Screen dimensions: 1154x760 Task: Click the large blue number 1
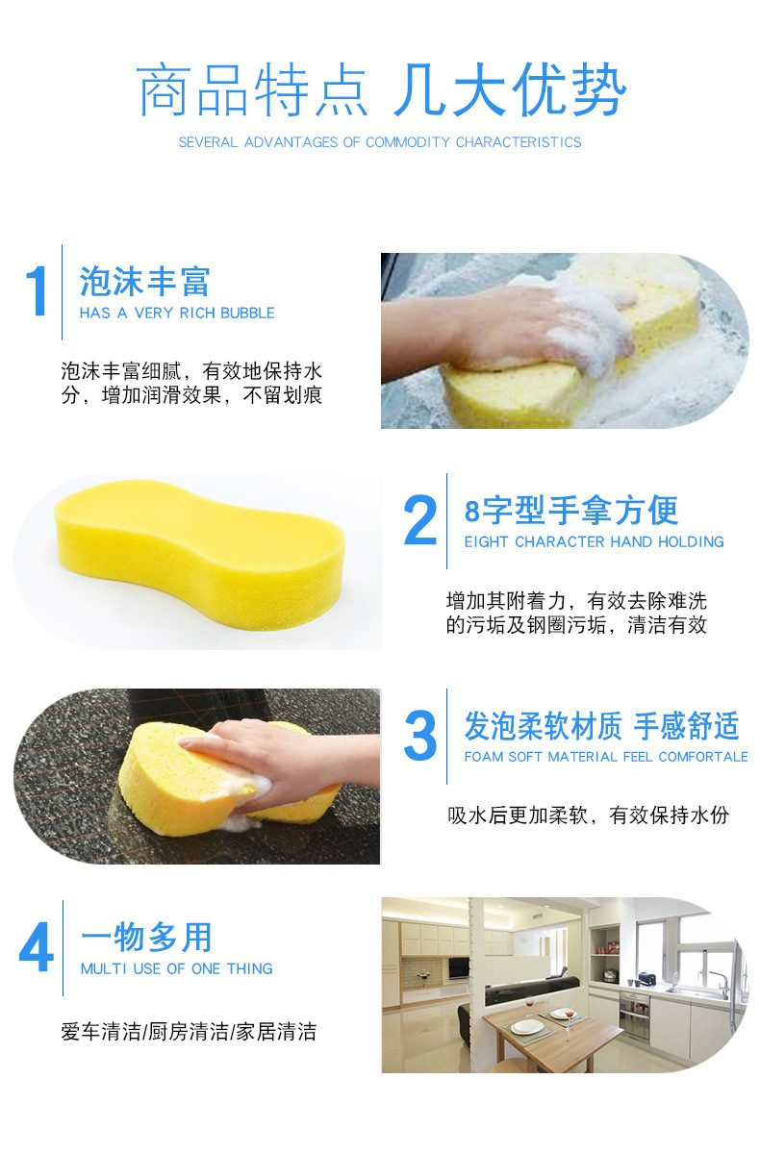coord(37,291)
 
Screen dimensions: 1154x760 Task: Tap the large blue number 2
coord(420,520)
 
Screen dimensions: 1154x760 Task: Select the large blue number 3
coord(420,736)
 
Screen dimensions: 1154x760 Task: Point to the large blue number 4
coord(37,948)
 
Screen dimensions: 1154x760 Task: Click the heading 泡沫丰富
coord(145,282)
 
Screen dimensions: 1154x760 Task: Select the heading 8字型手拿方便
coord(571,510)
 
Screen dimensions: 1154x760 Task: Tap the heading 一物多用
coord(146,937)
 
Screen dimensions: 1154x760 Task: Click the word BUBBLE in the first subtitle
coord(247,314)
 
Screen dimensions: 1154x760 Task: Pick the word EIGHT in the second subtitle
coord(487,542)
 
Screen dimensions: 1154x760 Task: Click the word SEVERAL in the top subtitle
coord(207,142)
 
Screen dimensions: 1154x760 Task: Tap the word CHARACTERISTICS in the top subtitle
coord(519,142)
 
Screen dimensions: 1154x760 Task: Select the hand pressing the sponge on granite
coord(279,759)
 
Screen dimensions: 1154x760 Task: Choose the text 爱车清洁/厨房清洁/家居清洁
coord(189,1033)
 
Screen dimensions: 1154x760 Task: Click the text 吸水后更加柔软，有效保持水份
coord(588,815)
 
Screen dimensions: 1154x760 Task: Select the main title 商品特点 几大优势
coord(381,92)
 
